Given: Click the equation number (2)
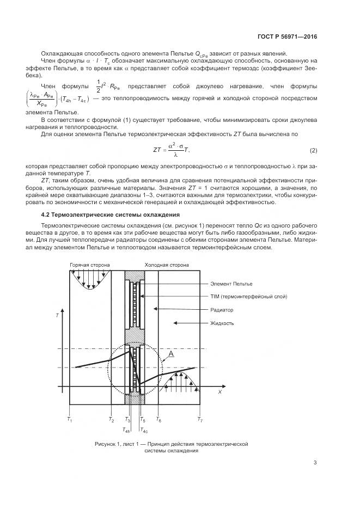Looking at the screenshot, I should click(x=313, y=150).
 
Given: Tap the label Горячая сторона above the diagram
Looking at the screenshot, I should click(x=90, y=265).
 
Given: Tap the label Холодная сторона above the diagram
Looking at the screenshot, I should click(x=167, y=265).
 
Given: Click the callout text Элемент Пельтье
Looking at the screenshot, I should click(x=231, y=284).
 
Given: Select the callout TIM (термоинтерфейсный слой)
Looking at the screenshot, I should click(x=248, y=297).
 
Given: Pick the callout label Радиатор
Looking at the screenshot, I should click(x=222, y=310).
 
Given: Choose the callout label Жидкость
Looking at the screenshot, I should click(x=222, y=323).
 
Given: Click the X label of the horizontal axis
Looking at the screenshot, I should click(x=219, y=391).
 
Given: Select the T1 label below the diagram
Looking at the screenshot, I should click(x=69, y=420).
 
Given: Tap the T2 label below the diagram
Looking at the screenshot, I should click(x=111, y=420).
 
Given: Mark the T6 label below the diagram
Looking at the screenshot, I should click(x=158, y=420).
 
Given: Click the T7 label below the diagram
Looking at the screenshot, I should click(x=200, y=420).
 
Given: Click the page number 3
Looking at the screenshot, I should click(x=315, y=463).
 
